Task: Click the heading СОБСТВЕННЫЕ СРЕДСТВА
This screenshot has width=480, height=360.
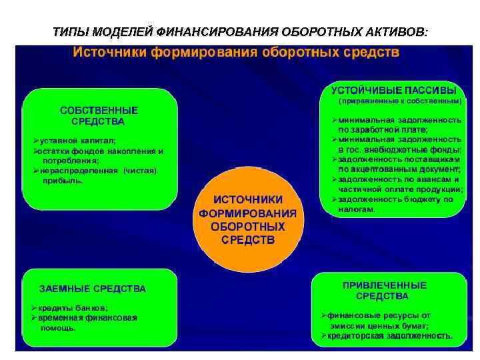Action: (99, 115)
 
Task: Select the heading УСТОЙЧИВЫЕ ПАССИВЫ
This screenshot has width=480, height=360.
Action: (394, 91)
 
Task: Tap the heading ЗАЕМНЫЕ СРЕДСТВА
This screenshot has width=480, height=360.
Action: (93, 289)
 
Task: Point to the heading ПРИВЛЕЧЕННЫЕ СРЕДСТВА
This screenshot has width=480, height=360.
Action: (384, 290)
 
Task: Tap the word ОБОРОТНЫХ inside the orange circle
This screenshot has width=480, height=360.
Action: (247, 226)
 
